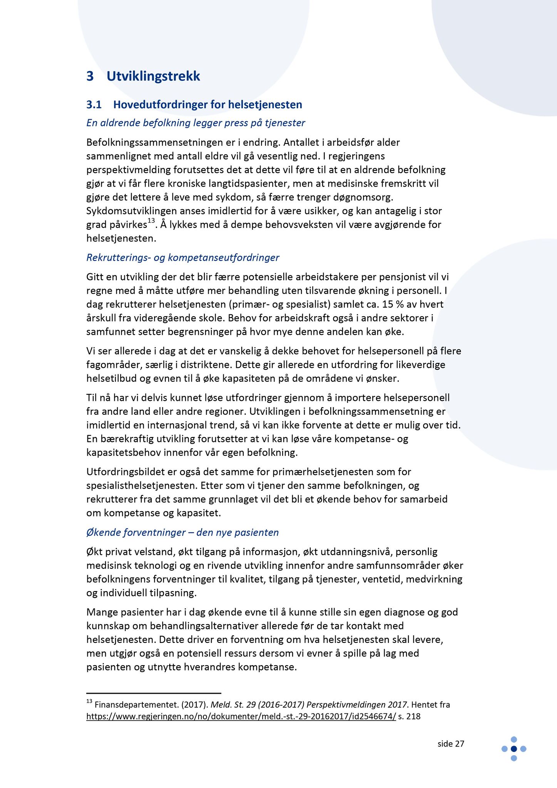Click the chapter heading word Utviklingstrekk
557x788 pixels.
click(153, 77)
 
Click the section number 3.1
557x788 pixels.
click(94, 105)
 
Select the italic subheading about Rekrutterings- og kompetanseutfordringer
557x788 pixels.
click(183, 257)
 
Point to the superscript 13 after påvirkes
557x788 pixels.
click(151, 220)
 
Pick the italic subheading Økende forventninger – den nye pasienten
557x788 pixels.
click(182, 533)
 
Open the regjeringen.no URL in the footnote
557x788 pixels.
click(241, 716)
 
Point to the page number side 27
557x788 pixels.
click(451, 744)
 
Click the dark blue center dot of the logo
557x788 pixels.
click(514, 749)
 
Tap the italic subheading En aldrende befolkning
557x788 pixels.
click(196, 123)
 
